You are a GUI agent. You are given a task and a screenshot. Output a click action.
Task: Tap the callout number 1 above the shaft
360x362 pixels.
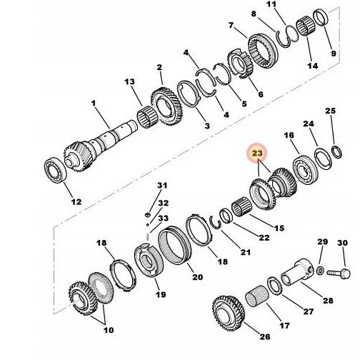coord(94,104)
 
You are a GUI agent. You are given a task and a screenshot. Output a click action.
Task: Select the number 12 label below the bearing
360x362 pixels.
coord(76,202)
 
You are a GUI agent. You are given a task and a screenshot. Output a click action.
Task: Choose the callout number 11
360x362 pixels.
coord(271,5)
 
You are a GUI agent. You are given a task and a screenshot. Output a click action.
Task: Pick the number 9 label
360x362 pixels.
coord(331,53)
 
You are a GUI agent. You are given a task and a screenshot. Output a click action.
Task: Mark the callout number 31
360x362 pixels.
coord(162,186)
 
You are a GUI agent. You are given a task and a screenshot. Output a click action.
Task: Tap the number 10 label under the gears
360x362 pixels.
coord(108,330)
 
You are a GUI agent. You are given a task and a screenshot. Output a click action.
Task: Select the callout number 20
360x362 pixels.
coord(197,277)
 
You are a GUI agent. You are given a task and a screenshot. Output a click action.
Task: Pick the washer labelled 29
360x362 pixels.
coord(321,269)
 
